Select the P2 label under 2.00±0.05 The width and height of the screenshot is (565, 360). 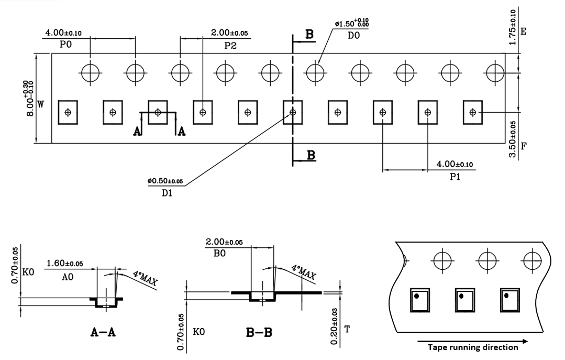click(230, 46)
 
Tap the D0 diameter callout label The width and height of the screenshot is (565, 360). click(353, 36)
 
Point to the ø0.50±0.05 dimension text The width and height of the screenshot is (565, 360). click(165, 181)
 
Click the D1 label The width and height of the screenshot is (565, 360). click(167, 193)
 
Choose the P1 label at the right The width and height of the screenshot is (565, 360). click(455, 177)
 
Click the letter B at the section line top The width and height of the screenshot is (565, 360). click(309, 35)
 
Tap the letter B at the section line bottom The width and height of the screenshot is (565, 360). click(311, 155)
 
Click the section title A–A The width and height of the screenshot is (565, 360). click(103, 332)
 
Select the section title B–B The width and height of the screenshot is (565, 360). click(259, 333)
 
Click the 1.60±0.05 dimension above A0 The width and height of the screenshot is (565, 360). click(64, 263)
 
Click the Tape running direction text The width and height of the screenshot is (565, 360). click(472, 347)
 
